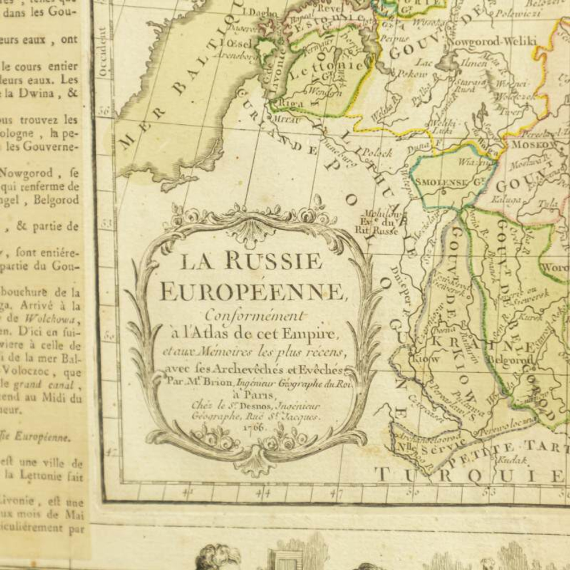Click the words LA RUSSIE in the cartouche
(x=251, y=262)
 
